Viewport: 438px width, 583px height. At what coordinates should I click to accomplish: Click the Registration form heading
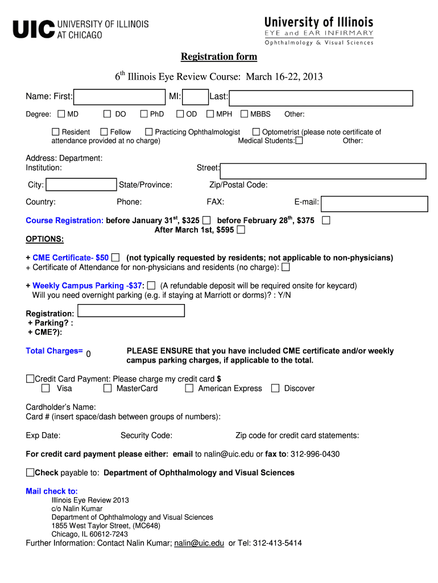[218, 57]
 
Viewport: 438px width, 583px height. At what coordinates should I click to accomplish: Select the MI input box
[196, 97]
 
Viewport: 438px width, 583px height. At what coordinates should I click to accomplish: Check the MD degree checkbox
[62, 114]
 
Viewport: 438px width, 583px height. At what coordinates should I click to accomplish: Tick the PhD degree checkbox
[144, 114]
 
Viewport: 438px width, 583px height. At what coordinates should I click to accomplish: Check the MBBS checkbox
[245, 114]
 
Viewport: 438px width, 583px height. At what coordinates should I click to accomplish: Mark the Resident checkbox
[56, 132]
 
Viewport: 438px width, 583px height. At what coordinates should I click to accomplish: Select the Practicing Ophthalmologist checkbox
[149, 132]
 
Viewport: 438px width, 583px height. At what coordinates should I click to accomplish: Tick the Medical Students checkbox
[299, 141]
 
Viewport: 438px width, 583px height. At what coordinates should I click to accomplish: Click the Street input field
[323, 171]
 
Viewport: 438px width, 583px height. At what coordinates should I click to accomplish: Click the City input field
[81, 184]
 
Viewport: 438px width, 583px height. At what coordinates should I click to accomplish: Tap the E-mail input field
[374, 204]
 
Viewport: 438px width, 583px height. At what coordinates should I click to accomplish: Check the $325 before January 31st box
[206, 220]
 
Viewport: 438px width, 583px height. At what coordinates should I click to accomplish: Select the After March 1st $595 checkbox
[241, 230]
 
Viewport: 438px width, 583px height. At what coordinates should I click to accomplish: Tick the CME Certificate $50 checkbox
[115, 258]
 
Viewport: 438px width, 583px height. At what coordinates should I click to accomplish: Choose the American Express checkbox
[189, 389]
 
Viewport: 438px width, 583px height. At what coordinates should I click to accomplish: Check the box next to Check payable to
[30, 473]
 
